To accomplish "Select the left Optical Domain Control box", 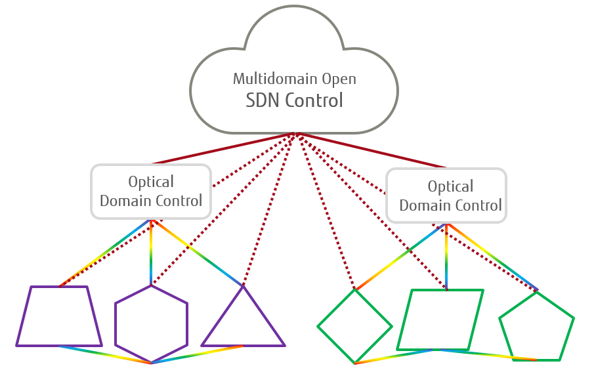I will [x=151, y=192].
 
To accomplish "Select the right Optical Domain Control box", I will [x=446, y=196].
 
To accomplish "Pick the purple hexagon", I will [x=151, y=324].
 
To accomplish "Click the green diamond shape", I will [x=354, y=326].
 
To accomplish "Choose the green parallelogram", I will [x=440, y=320].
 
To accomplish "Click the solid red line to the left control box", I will [x=223, y=148].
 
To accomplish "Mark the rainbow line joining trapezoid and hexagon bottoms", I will [x=105, y=354].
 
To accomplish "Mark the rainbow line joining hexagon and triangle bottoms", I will [x=197, y=354].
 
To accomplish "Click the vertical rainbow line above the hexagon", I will [x=151, y=256].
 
